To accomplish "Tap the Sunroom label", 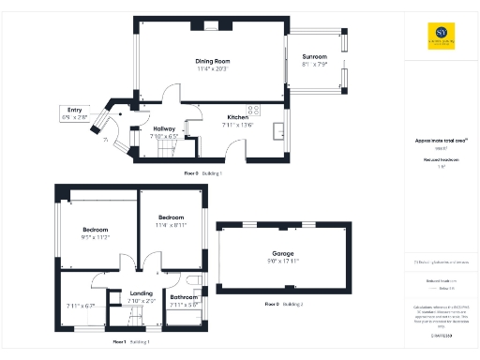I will [315, 56].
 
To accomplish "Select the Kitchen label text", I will [237, 117].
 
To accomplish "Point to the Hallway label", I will [164, 128].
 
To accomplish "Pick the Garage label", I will [283, 253].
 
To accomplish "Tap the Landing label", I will [142, 292].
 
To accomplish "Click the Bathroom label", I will [183, 297].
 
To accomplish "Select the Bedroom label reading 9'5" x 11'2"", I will [96, 230].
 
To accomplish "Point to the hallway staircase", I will [164, 150].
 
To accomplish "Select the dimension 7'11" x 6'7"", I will [82, 306].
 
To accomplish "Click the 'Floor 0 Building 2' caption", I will [284, 306].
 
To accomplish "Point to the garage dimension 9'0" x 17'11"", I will [283, 261].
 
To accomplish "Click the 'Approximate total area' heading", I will [435, 141].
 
